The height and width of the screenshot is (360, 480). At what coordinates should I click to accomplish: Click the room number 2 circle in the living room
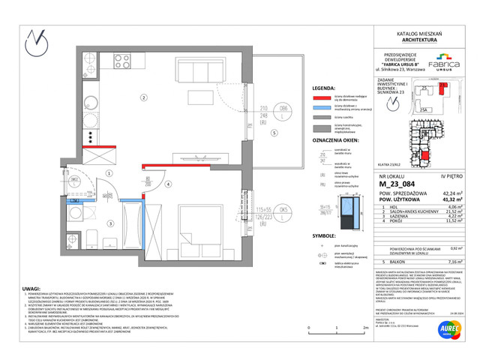(x=142, y=97)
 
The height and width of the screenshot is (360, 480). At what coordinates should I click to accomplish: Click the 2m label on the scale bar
(x=364, y=328)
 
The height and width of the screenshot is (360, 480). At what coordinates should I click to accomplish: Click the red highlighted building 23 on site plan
(x=425, y=154)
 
